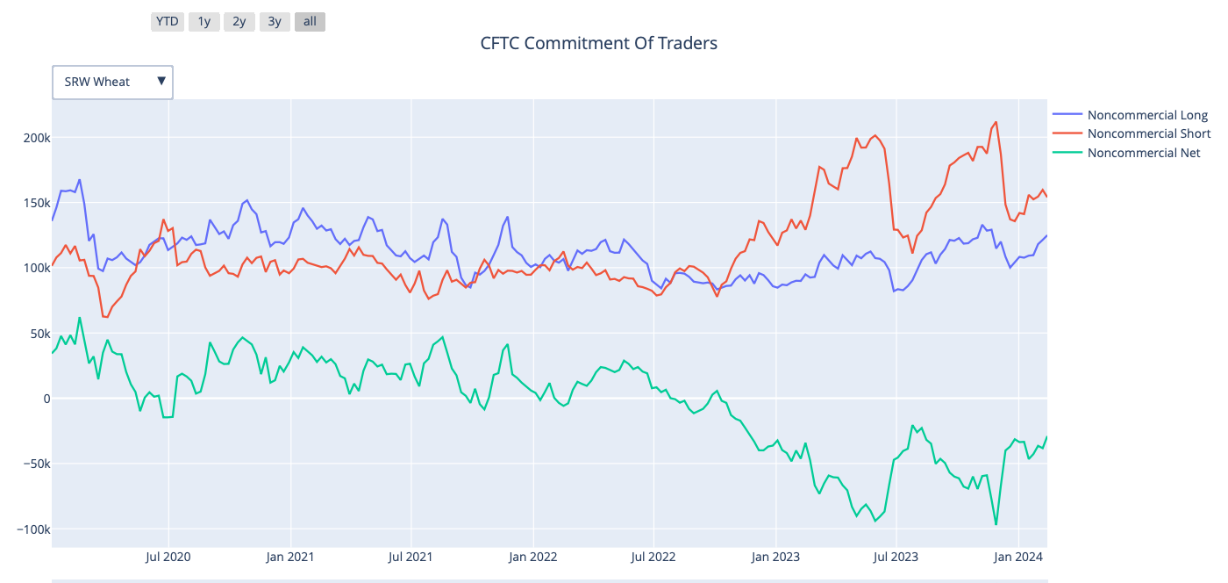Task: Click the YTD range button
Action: coord(167,21)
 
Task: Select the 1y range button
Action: coord(203,21)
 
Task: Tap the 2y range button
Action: coord(239,21)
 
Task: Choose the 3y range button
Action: coord(275,21)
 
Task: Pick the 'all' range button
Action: coord(310,21)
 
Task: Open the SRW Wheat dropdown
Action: coord(112,82)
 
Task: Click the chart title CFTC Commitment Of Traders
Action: coord(598,43)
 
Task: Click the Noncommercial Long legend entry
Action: coord(1146,115)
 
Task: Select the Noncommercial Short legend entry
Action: coord(1148,133)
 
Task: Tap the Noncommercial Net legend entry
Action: coord(1143,153)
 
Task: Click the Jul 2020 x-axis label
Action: coord(168,557)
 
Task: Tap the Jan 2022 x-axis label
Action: coord(532,557)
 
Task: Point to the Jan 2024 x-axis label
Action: coord(1017,557)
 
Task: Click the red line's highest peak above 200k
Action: coord(996,122)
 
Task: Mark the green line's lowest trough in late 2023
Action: coord(996,525)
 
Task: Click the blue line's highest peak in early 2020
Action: coord(79,180)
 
